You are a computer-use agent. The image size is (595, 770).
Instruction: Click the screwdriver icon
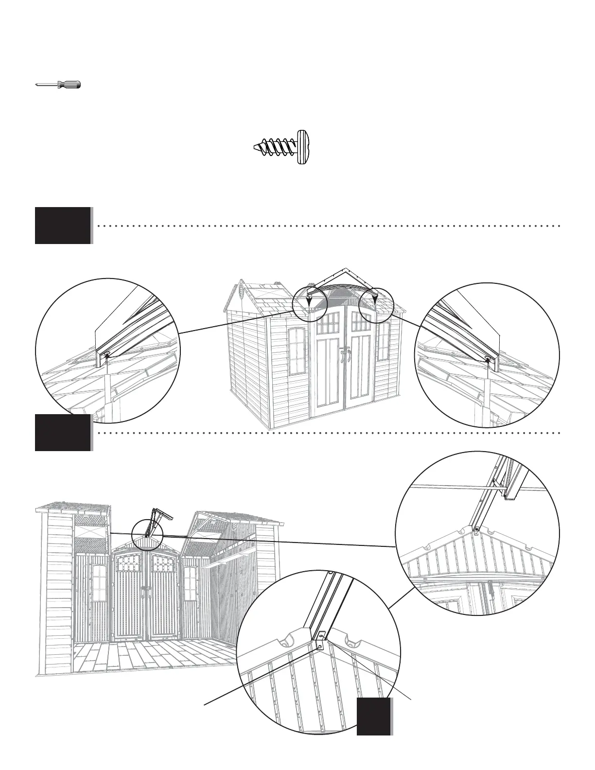click(x=58, y=85)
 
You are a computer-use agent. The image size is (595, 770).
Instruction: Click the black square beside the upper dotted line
click(x=63, y=226)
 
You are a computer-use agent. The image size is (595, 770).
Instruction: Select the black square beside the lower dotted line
click(x=63, y=432)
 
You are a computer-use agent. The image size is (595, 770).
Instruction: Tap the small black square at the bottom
click(x=374, y=717)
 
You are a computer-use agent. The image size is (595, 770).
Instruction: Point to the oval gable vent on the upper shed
click(x=242, y=293)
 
